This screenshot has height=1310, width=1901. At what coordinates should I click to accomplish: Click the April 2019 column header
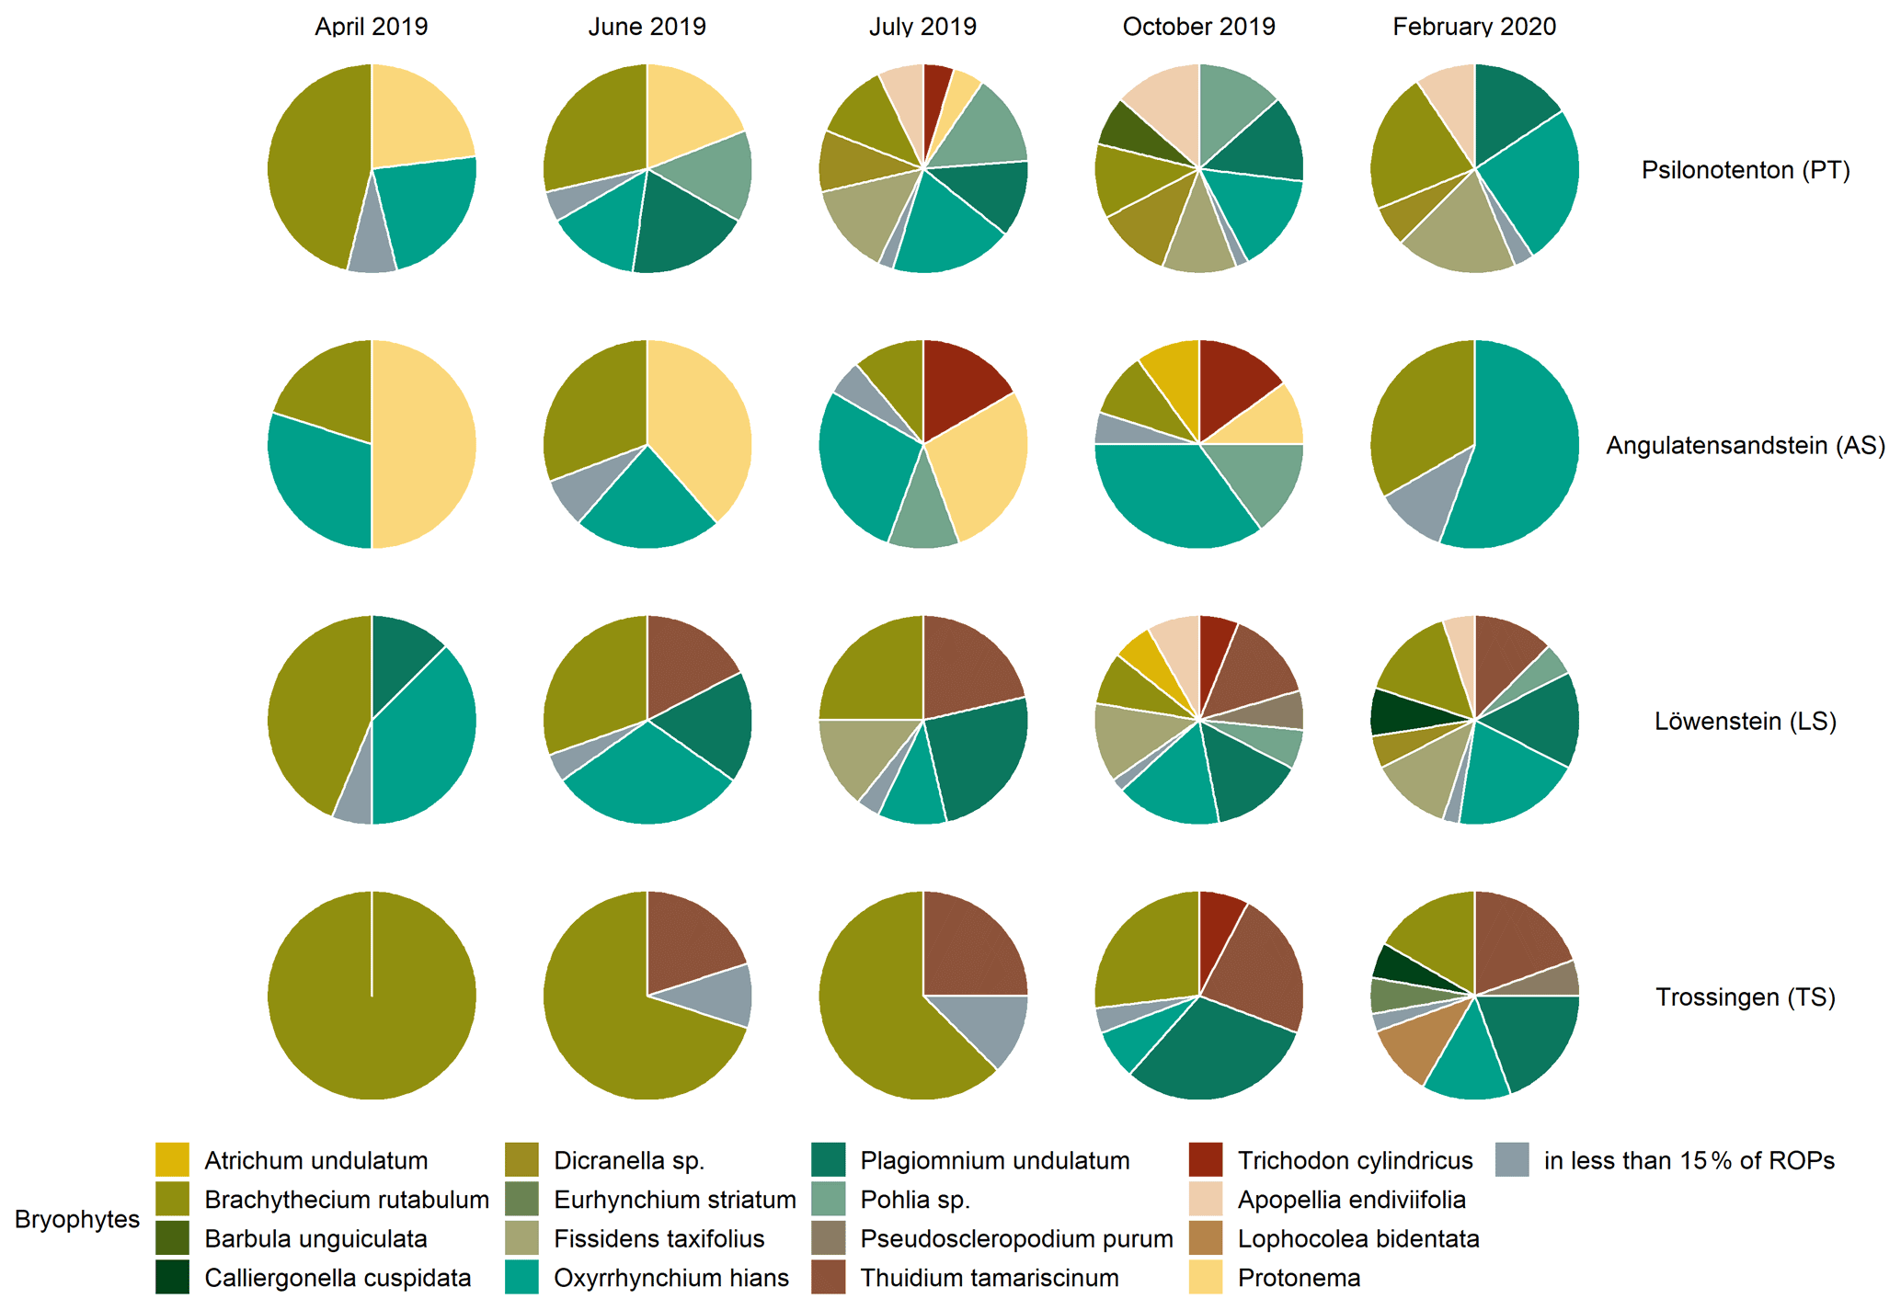click(371, 26)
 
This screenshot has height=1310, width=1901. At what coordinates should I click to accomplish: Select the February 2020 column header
click(1474, 26)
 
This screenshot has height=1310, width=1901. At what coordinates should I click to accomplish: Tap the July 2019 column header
click(922, 26)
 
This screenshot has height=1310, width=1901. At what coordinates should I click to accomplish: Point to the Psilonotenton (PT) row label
click(1746, 170)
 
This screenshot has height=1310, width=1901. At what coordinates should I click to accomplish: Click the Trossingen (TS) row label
click(1746, 997)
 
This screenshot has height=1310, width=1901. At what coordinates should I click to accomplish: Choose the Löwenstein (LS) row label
click(1746, 722)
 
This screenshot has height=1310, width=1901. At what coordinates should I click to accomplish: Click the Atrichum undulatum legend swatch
click(172, 1160)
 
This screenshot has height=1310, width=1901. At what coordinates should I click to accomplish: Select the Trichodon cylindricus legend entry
click(1355, 1161)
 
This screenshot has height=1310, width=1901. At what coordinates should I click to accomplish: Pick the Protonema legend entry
click(1299, 1278)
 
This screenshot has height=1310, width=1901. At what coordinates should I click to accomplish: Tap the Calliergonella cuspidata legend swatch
click(172, 1278)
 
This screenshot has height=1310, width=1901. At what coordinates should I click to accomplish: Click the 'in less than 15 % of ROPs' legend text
click(1689, 1161)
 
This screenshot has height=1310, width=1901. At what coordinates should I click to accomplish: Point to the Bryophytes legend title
click(77, 1219)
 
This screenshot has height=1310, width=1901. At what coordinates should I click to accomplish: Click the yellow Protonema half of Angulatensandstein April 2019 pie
click(423, 444)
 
